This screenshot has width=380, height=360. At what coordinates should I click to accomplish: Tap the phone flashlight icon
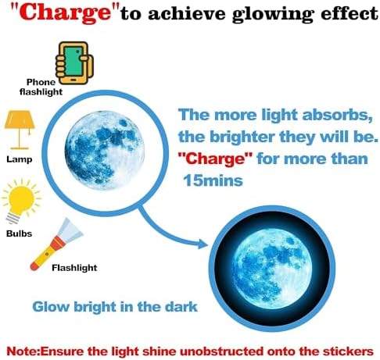point(75,63)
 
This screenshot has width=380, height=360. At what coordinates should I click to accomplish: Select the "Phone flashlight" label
point(41,87)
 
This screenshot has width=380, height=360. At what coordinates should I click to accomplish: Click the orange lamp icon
point(20,130)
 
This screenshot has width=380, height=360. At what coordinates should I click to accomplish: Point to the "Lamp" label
point(20,159)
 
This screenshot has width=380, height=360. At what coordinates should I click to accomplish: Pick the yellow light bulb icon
point(21,201)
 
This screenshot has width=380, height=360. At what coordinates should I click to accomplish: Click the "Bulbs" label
point(19,233)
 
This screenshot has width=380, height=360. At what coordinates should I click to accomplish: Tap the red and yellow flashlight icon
point(56,244)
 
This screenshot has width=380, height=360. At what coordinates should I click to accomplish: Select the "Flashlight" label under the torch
point(74,268)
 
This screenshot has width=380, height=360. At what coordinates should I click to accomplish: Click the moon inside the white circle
point(105,150)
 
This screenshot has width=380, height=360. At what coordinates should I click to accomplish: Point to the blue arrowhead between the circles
point(203,244)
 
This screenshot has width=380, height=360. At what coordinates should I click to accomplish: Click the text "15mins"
point(213,180)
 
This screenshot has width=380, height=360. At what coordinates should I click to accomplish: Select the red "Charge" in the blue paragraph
point(215,159)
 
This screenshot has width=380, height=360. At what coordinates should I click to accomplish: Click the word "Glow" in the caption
point(52,307)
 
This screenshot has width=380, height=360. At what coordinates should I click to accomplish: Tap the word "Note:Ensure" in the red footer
point(45,351)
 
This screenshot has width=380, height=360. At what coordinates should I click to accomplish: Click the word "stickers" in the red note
point(348,351)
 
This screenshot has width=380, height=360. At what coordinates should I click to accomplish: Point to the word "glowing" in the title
point(273,14)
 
